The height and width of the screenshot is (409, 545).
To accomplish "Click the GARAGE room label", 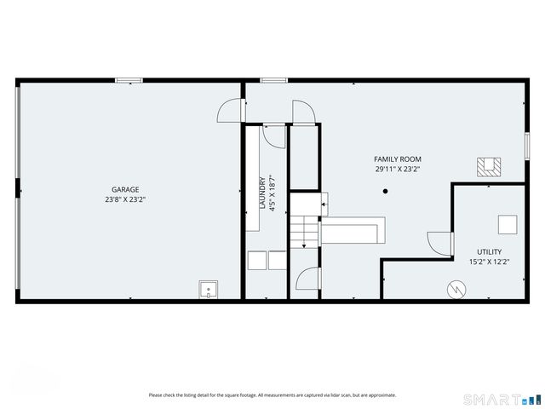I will [125, 189].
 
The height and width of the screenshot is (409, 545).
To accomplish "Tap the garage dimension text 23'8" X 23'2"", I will [125, 200].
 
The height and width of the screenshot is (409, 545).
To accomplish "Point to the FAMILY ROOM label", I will [398, 159].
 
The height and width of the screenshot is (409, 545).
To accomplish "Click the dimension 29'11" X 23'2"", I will [398, 169].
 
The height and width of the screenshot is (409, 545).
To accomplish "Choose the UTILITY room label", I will [489, 251].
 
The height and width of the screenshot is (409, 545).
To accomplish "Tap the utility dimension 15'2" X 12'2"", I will [489, 262].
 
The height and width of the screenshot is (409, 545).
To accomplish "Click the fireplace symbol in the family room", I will [489, 167].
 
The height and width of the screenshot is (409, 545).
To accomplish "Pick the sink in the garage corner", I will [208, 291].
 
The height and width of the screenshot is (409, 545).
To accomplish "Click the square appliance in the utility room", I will [508, 224].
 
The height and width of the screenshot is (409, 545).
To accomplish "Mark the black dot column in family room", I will [385, 191].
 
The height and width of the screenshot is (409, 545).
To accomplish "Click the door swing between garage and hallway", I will [231, 112].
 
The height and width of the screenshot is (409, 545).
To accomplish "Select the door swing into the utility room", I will [440, 243].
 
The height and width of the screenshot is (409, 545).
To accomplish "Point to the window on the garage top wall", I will [129, 80].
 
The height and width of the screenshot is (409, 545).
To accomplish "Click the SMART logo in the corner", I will [501, 398].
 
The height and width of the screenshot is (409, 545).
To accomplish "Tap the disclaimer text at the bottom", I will [272, 395].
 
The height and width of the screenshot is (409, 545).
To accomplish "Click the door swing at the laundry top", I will [273, 135].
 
